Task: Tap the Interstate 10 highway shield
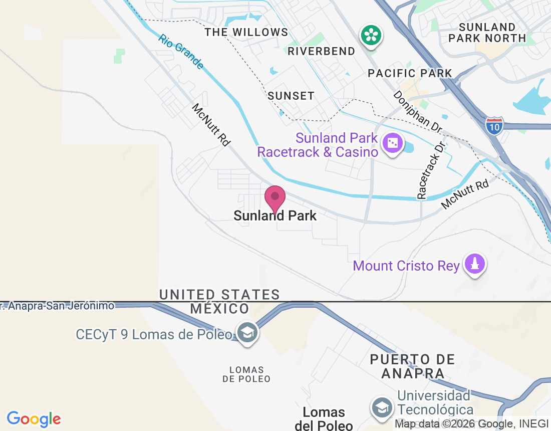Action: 494,126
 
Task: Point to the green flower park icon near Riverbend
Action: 371,36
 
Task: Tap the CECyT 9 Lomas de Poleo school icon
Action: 247,332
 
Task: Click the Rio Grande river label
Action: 181,52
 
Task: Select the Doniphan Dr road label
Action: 417,112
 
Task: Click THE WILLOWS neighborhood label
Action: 246,33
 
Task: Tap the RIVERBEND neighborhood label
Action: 321,51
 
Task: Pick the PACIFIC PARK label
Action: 410,73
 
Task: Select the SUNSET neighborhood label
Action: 291,96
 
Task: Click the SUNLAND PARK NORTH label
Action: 487,33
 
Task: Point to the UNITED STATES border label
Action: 219,295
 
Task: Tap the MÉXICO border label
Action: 219,309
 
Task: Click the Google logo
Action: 34,419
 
